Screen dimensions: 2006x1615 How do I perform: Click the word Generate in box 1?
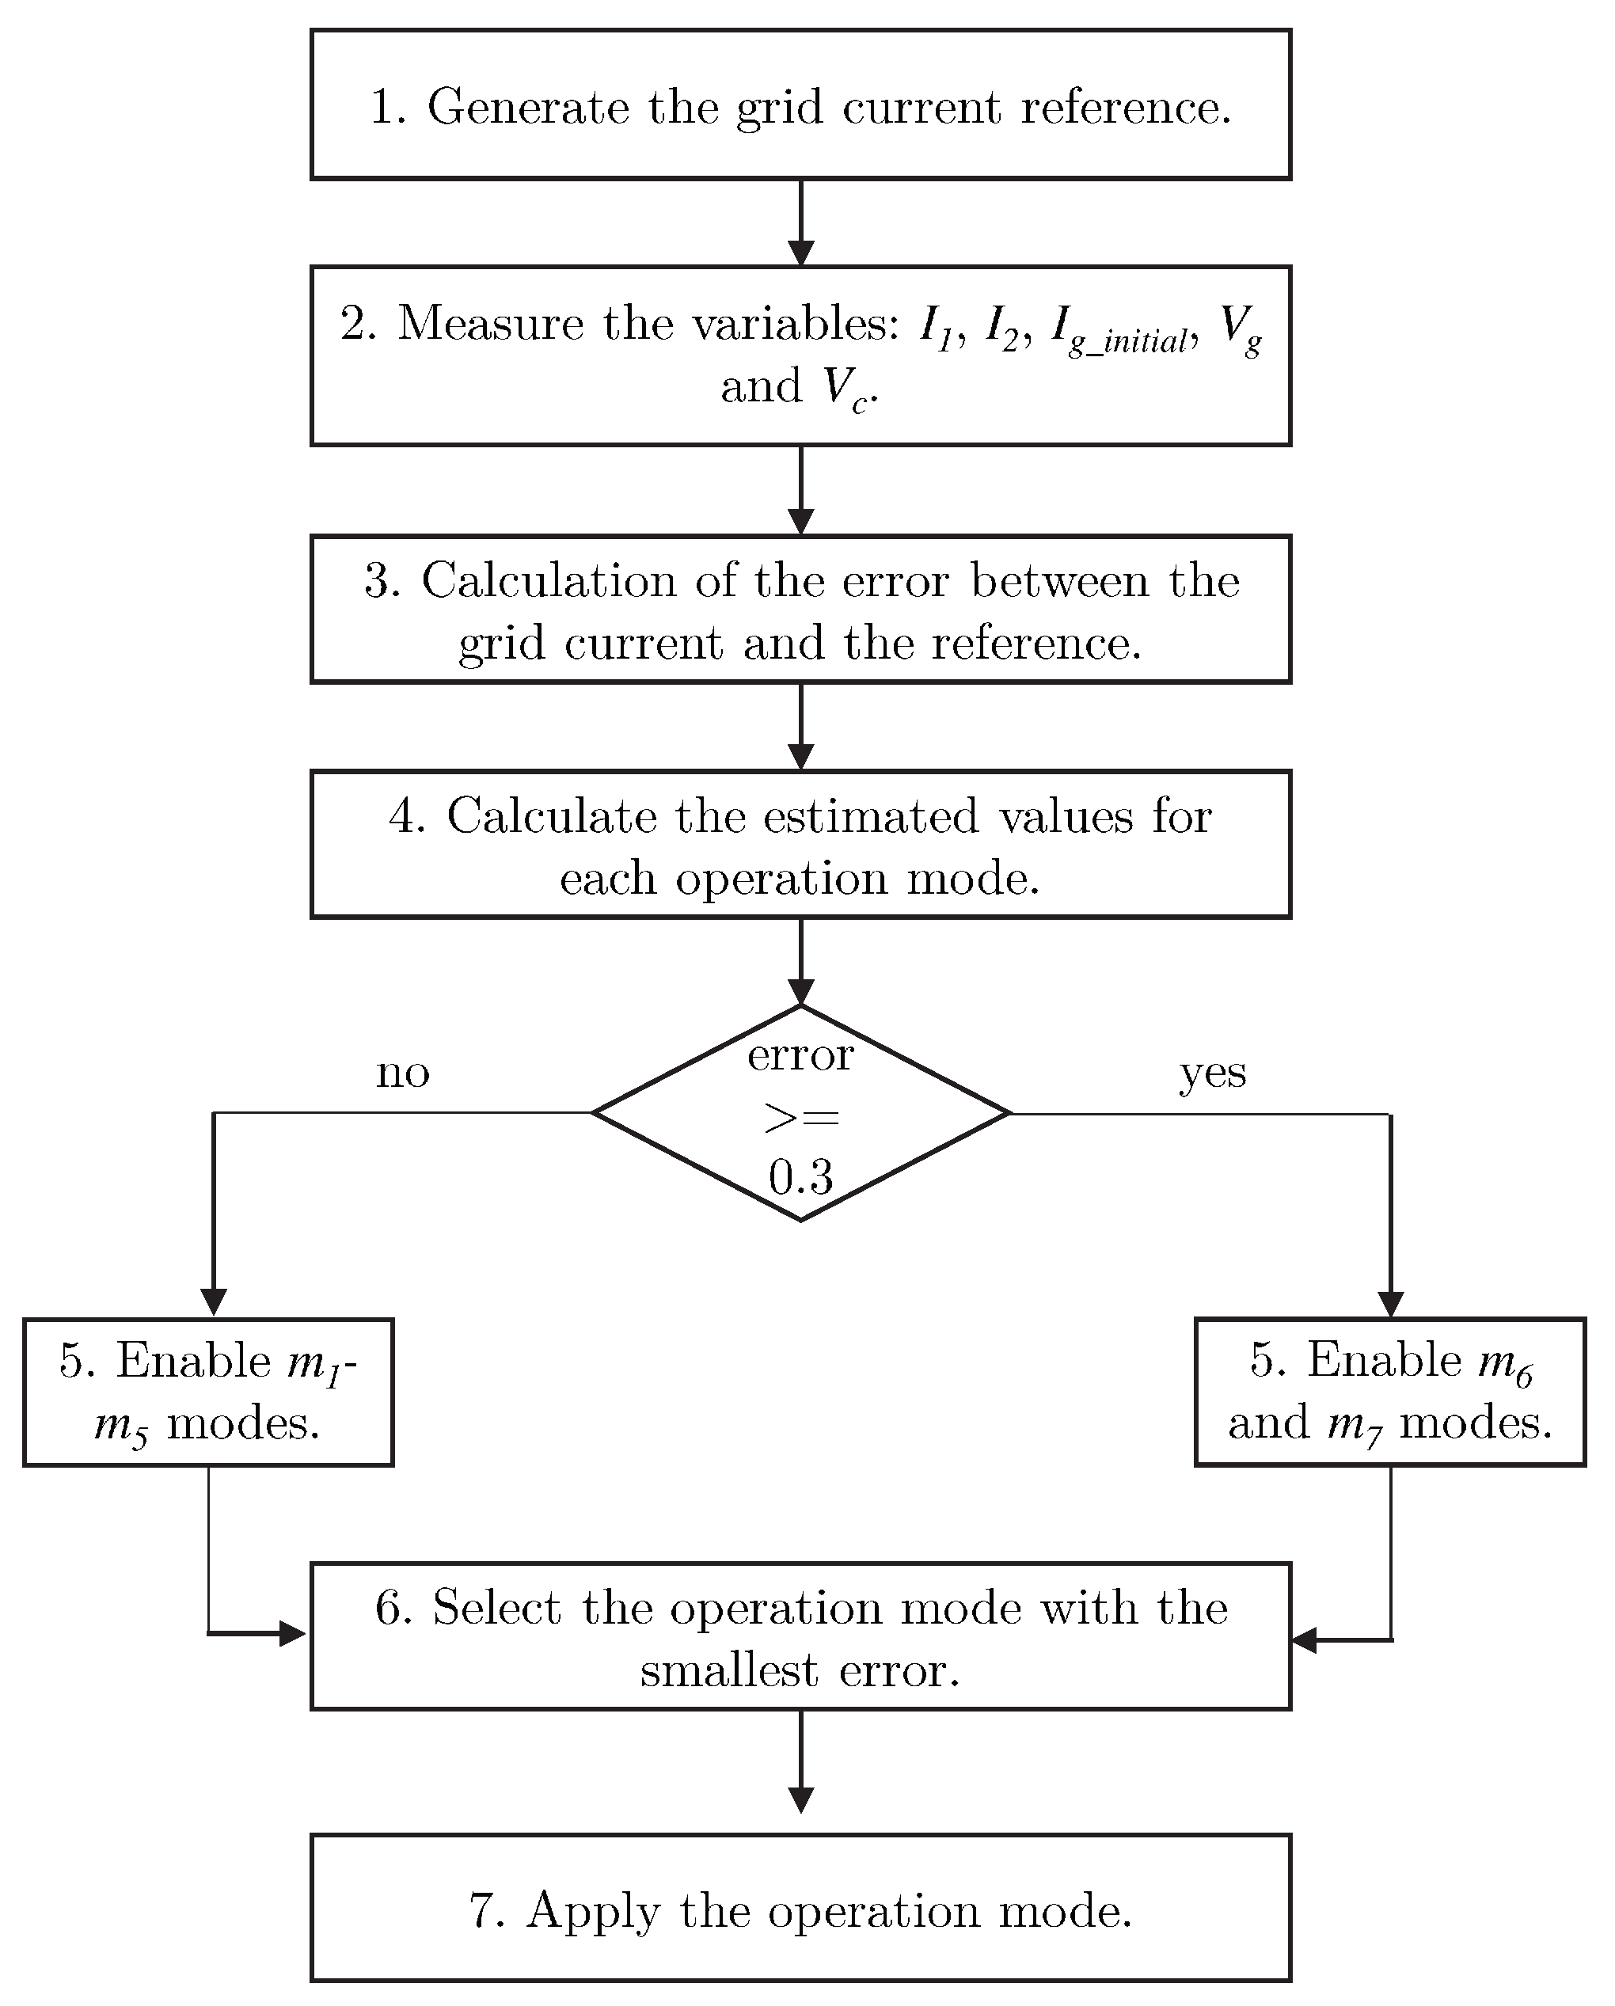pos(527,108)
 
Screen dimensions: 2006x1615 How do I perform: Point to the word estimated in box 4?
pos(871,817)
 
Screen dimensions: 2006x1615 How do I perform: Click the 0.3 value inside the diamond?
pos(800,1178)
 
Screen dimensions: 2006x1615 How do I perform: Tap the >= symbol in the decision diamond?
pos(801,1118)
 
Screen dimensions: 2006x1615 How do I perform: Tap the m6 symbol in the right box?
pos(1505,1364)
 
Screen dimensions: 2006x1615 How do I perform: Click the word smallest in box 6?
pos(729,1671)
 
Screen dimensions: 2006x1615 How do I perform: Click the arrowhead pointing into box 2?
pos(801,253)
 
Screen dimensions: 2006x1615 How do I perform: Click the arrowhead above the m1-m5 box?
pos(214,1301)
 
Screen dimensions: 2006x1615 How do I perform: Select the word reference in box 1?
pos(1127,108)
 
